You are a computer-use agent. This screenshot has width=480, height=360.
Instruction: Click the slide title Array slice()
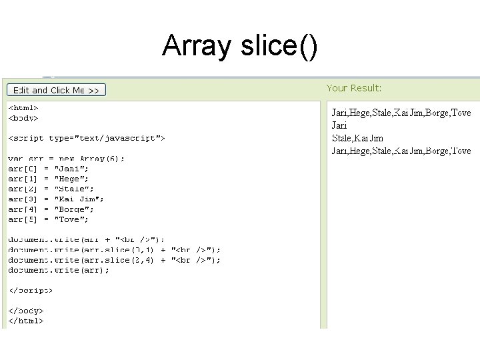coord(240,46)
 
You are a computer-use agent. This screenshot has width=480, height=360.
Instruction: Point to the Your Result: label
coord(354,88)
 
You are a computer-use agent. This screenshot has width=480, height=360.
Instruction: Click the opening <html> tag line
coord(23,107)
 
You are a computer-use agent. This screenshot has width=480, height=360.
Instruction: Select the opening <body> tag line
coord(23,118)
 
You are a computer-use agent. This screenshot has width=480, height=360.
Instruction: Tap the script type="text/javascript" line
coord(87,138)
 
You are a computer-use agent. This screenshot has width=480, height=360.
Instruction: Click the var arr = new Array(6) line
coord(66,159)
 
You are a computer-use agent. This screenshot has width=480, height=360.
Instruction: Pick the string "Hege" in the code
coord(75,179)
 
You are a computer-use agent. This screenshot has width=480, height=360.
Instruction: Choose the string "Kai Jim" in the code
coord(83,199)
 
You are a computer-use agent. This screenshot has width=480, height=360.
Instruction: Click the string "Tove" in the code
coord(75,219)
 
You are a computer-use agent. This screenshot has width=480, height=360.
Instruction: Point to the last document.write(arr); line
coord(59,270)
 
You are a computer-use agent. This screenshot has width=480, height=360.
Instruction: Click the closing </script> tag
coord(30,290)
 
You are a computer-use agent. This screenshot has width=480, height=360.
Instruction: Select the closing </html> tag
coord(26,321)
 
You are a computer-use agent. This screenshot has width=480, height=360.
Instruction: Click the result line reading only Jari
coord(340,125)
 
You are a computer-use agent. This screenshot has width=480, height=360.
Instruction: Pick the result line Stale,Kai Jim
coord(357,138)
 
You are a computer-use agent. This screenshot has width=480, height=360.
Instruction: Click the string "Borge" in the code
coord(78,209)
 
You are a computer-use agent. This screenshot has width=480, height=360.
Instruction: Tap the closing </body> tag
coord(26,311)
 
